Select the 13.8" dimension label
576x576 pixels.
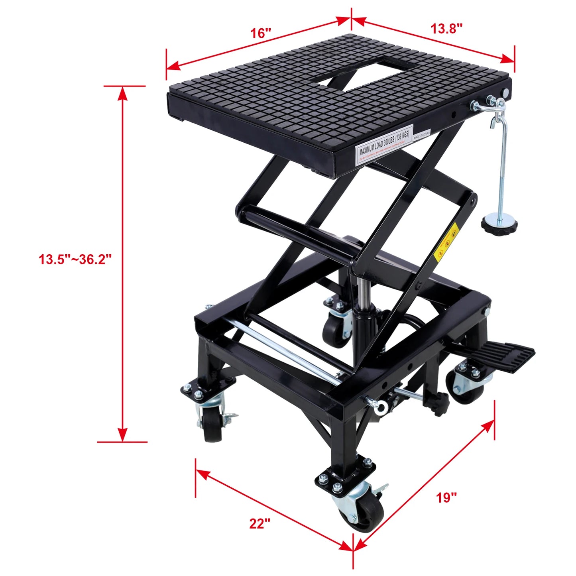click(x=446, y=28)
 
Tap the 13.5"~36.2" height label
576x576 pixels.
click(x=75, y=259)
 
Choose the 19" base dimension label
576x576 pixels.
click(x=446, y=497)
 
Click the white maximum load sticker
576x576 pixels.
click(x=383, y=144)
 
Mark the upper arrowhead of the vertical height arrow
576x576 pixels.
click(x=123, y=93)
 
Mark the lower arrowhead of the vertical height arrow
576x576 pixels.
click(x=123, y=434)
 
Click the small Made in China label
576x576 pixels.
click(x=422, y=134)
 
